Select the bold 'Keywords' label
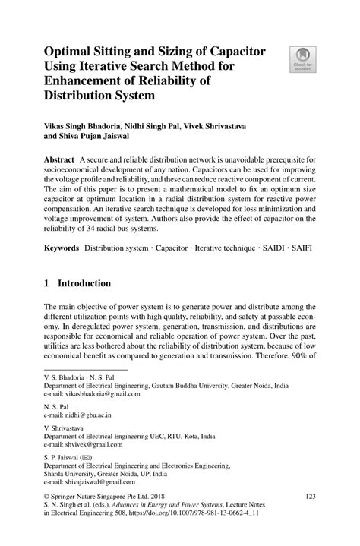(x=61, y=248)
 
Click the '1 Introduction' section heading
(x=78, y=283)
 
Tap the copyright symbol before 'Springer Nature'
(x=47, y=496)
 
